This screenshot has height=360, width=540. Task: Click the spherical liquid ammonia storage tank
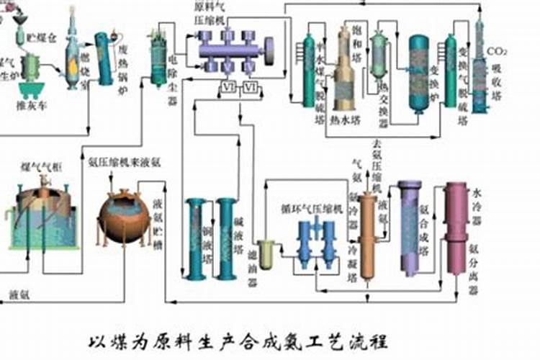coord(123,220)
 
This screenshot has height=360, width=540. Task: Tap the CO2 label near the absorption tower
coord(498,52)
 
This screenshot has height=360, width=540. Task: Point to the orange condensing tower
coord(368,238)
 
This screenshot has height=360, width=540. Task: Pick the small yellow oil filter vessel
coord(265,254)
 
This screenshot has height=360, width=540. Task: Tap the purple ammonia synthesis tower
coord(410,227)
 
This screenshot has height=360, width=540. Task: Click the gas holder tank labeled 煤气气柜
coord(41,216)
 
